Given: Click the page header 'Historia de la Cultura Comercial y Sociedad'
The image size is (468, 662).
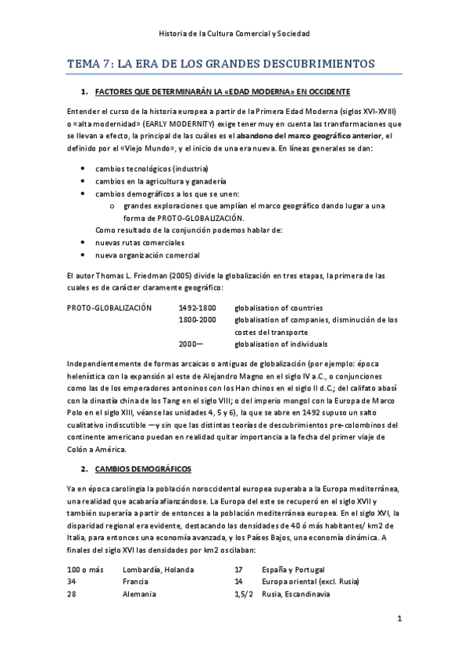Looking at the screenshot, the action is pyautogui.click(x=234, y=34).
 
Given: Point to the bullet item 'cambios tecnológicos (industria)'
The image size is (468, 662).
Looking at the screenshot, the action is pyautogui.click(x=152, y=169).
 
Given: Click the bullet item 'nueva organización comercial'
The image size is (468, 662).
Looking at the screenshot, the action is pyautogui.click(x=147, y=255).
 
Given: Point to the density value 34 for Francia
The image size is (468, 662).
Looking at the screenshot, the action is pyautogui.click(x=72, y=582).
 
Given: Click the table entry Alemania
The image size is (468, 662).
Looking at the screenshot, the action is pyautogui.click(x=141, y=594).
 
